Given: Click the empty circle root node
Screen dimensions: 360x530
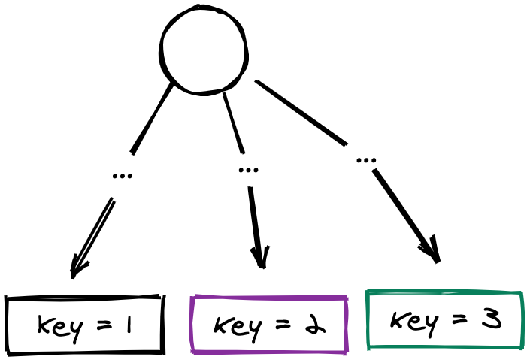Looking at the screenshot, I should click(204, 50).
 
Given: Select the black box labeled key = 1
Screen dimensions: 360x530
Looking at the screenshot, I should click(84, 325).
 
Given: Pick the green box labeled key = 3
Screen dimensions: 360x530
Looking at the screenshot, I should click(444, 320).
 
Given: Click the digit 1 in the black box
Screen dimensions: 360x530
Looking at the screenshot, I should click(128, 325).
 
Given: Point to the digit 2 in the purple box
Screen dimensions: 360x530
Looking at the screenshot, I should click(316, 325).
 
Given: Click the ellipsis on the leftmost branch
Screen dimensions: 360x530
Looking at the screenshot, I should click(122, 176).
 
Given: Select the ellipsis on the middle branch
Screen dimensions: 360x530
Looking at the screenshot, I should click(248, 169).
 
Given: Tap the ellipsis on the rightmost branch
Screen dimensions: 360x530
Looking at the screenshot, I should click(366, 160).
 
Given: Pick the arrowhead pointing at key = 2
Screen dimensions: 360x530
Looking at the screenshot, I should click(261, 259).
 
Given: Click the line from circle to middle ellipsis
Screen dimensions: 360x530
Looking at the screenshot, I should click(234, 122).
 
